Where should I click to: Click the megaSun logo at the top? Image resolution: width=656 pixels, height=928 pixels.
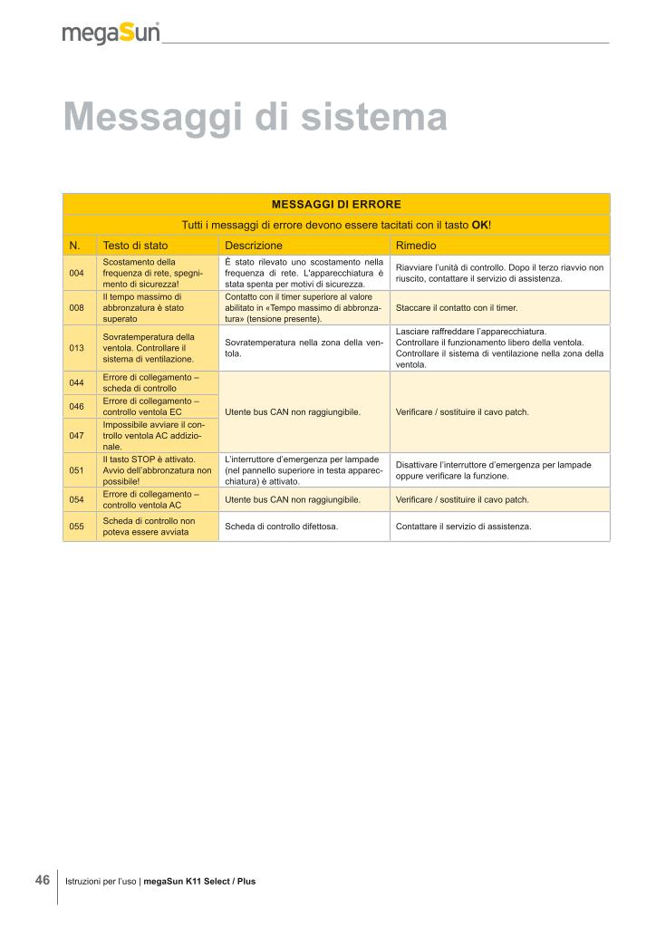pyautogui.click(x=111, y=33)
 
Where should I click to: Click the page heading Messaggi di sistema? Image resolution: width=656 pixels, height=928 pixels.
pyautogui.click(x=256, y=118)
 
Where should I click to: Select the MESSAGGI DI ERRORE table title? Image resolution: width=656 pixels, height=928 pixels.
pyautogui.click(x=336, y=204)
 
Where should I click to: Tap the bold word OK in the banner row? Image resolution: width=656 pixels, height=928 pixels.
pyautogui.click(x=480, y=225)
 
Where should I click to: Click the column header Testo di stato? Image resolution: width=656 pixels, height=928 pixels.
pyautogui.click(x=135, y=246)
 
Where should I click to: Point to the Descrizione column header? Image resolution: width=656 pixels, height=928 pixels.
pyautogui.click(x=254, y=246)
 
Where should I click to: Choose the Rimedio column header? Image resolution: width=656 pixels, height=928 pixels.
pyautogui.click(x=416, y=246)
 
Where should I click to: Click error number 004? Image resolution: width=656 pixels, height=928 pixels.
pyautogui.click(x=76, y=273)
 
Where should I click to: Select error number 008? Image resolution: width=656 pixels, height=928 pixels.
pyautogui.click(x=76, y=308)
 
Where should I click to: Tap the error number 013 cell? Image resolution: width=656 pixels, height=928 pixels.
pyautogui.click(x=76, y=348)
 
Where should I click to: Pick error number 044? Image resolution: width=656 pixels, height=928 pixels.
pyautogui.click(x=76, y=382)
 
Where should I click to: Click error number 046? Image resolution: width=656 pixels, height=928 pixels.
pyautogui.click(x=76, y=406)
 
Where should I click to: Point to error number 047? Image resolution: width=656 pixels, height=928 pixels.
pyautogui.click(x=76, y=435)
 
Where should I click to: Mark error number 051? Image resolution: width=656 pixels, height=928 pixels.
pyautogui.click(x=76, y=470)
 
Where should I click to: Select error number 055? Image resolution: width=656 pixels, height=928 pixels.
pyautogui.click(x=76, y=527)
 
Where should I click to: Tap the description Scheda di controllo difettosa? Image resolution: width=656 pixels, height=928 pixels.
pyautogui.click(x=281, y=527)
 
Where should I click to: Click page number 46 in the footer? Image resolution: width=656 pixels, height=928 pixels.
pyautogui.click(x=42, y=880)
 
